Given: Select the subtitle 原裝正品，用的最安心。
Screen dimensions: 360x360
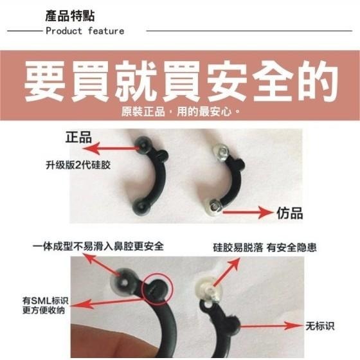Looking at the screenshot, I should (181, 112).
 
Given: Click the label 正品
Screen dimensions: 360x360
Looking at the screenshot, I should (78, 137).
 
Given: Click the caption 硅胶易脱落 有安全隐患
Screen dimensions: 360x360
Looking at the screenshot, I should (269, 246).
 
